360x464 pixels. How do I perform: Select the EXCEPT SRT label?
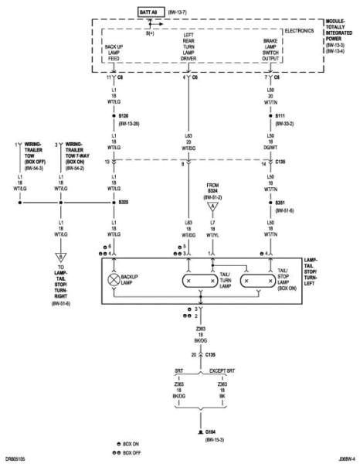pos(226,371)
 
